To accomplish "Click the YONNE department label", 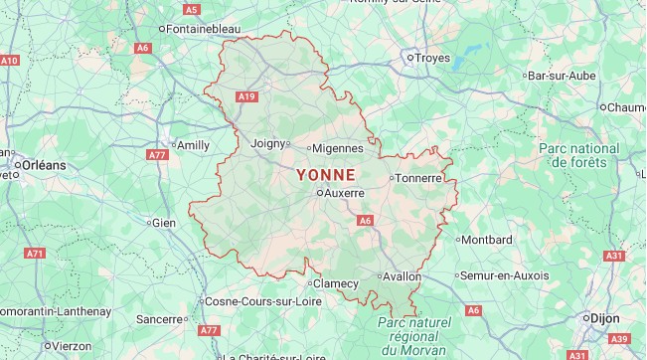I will click(x=326, y=172).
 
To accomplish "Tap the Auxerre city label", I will click(x=345, y=193).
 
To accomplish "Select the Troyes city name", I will click(x=432, y=59).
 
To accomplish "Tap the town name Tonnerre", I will click(x=423, y=179).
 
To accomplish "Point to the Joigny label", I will click(x=268, y=142).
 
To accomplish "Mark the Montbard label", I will click(x=488, y=239).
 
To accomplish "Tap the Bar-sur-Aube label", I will click(x=563, y=76).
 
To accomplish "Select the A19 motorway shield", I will click(x=247, y=95).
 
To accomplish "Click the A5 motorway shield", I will click(x=192, y=9).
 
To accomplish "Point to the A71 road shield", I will click(x=36, y=254).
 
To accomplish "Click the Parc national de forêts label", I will click(x=579, y=155).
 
